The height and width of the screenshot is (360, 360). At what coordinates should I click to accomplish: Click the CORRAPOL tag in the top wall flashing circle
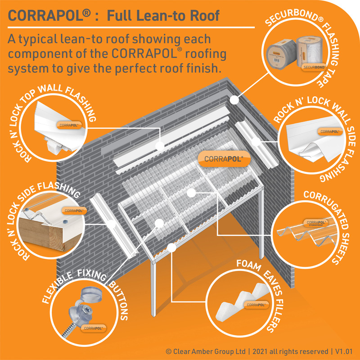tap(67, 124)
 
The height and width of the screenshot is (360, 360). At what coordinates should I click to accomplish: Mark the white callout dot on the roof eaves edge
tap(172, 247)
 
